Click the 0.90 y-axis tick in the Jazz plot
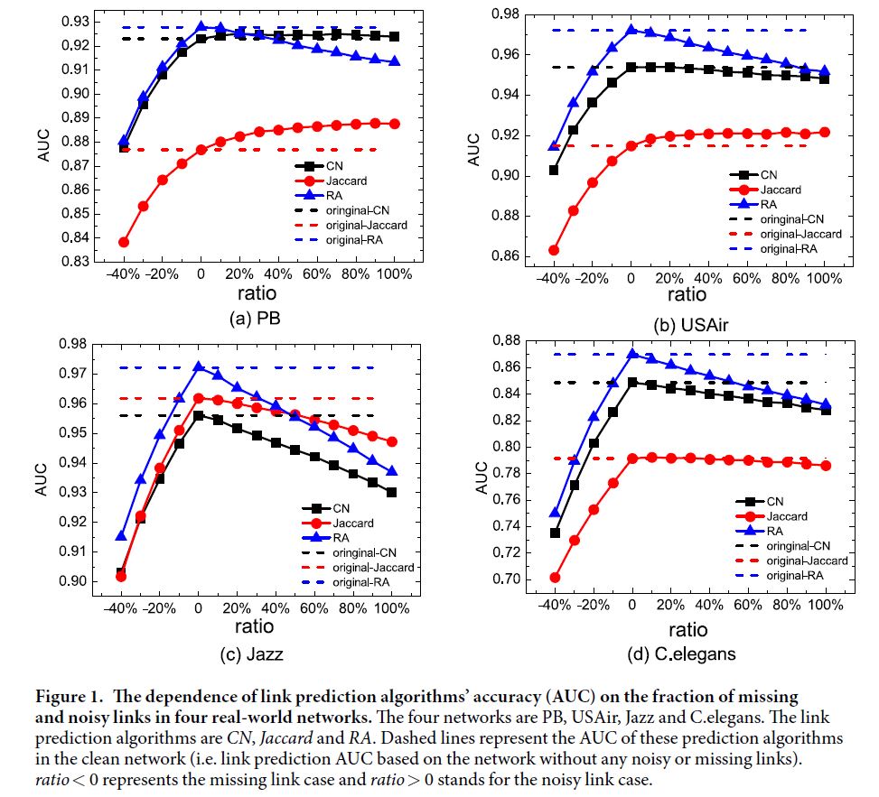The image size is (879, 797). (73, 580)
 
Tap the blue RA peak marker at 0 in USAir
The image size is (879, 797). (631, 30)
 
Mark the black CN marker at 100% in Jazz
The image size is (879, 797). (391, 492)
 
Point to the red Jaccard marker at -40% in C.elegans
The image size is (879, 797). (555, 578)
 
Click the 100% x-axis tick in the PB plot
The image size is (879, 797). (394, 274)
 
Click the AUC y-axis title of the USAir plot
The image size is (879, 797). (472, 150)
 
